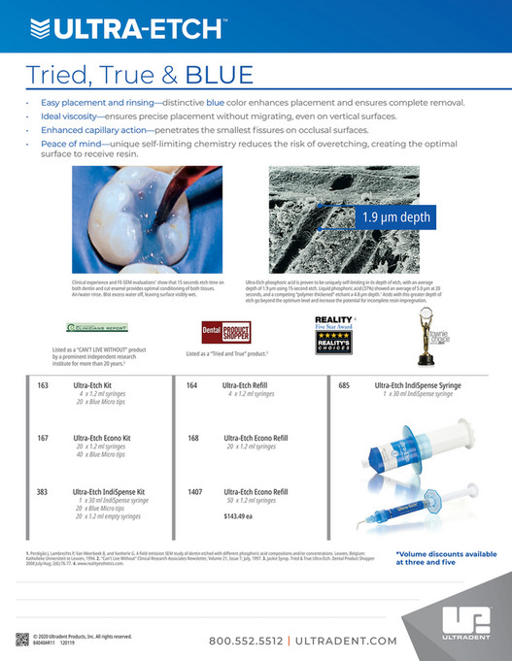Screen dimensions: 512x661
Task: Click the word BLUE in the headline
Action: click(x=220, y=75)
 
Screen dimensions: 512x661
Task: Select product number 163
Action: click(x=43, y=385)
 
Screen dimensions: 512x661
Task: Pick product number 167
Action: click(x=43, y=439)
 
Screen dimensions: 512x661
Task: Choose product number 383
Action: click(x=43, y=492)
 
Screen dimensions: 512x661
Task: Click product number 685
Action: click(x=343, y=385)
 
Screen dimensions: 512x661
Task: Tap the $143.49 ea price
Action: click(x=239, y=516)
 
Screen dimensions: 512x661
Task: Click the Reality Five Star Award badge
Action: click(x=333, y=339)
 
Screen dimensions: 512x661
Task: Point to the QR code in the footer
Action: click(x=21, y=639)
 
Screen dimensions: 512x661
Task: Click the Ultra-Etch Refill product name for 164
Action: click(x=248, y=385)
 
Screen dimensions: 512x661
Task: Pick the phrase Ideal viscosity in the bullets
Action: click(x=70, y=116)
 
